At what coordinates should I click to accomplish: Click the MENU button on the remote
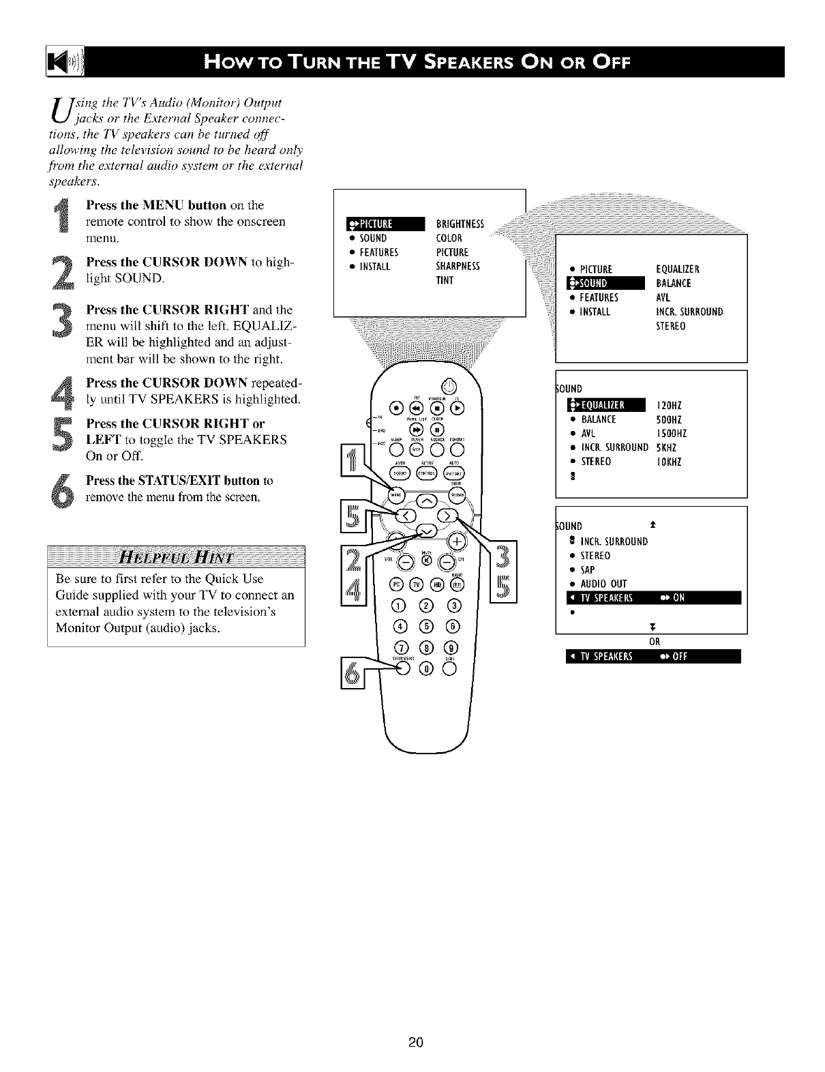(395, 493)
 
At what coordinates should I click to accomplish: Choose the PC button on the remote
(395, 583)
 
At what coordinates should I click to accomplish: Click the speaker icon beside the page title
(65, 63)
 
